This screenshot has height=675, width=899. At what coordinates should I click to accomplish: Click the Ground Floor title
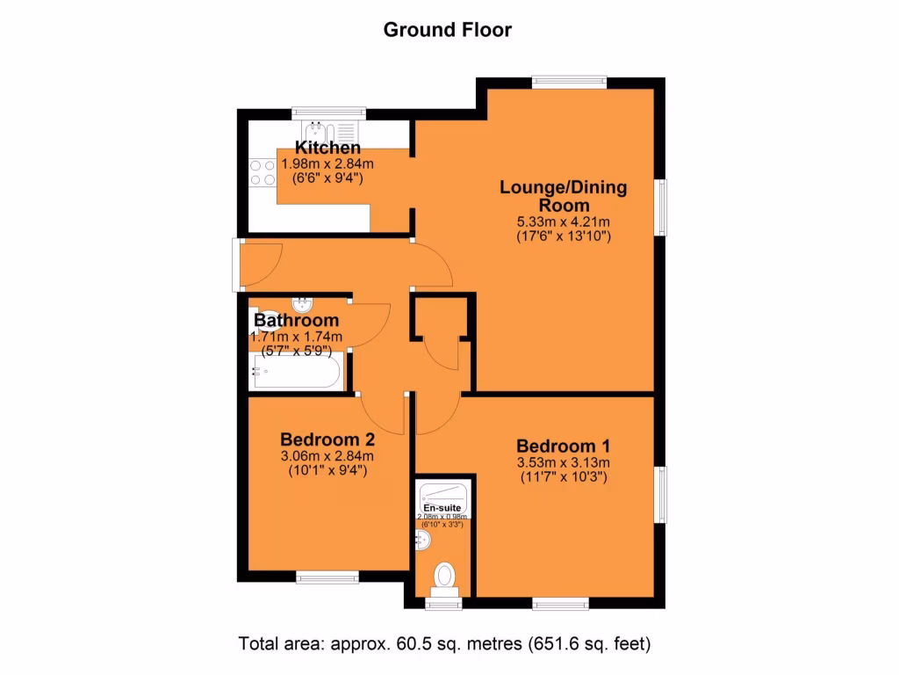tap(448, 30)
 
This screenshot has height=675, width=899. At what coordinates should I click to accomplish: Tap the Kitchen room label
tap(327, 148)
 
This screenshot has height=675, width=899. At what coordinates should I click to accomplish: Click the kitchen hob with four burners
tap(262, 171)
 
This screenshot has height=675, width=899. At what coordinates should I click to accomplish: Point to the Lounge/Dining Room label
tap(564, 196)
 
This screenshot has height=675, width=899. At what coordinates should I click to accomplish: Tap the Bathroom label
tap(297, 321)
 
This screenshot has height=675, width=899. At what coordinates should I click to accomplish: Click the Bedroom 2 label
tap(327, 439)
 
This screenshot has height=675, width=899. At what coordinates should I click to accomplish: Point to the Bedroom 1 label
tap(563, 445)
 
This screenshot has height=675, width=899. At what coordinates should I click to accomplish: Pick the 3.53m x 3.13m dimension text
tap(563, 462)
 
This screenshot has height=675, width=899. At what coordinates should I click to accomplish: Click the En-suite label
tap(442, 508)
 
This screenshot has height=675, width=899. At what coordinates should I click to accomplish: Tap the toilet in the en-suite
tap(445, 577)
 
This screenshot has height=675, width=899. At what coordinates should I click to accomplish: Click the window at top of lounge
tap(568, 82)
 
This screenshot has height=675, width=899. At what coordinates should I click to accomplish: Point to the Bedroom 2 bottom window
tap(327, 577)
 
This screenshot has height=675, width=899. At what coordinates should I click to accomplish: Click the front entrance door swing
tap(261, 264)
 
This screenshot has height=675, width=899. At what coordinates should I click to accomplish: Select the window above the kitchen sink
tap(327, 112)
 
